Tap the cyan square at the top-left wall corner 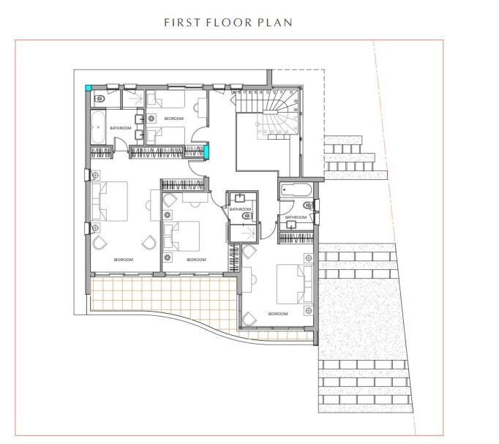click(89, 89)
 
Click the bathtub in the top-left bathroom click(99, 127)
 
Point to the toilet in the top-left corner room click(97, 97)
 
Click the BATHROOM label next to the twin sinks click(121, 128)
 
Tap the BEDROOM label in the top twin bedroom click(173, 118)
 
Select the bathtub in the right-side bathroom click(296, 190)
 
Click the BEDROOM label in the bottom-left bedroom click(123, 260)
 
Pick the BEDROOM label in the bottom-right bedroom click(278, 314)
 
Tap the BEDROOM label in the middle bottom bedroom click(196, 260)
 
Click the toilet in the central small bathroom click(247, 216)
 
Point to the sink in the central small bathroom click(241, 198)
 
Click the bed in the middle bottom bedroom click(182, 236)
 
